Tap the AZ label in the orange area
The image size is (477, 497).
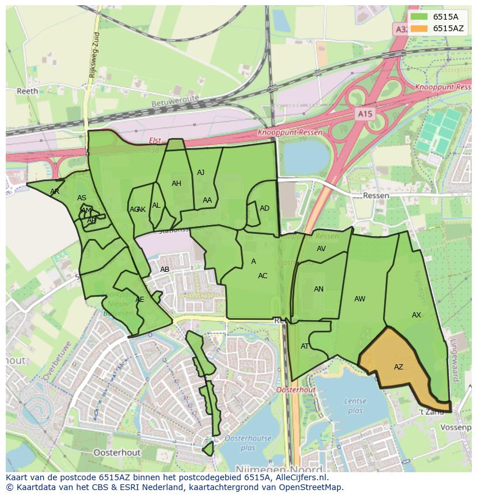click(398, 367)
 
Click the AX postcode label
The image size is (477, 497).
click(417, 315)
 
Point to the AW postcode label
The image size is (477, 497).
click(359, 299)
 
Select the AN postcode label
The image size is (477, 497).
click(319, 289)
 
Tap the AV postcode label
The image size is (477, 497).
click(321, 249)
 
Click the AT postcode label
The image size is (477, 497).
click(305, 346)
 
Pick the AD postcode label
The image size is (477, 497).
click(264, 208)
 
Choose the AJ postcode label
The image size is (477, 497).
click(200, 173)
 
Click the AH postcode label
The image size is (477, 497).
click(176, 184)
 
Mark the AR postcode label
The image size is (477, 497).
click(55, 192)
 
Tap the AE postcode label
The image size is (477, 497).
click(140, 300)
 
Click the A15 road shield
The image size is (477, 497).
click(365, 114)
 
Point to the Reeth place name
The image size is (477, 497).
click(27, 91)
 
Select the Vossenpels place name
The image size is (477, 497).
click(457, 428)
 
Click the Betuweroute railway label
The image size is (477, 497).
click(175, 101)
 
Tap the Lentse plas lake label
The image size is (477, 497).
click(355, 406)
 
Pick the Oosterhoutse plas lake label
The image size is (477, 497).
click(248, 443)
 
